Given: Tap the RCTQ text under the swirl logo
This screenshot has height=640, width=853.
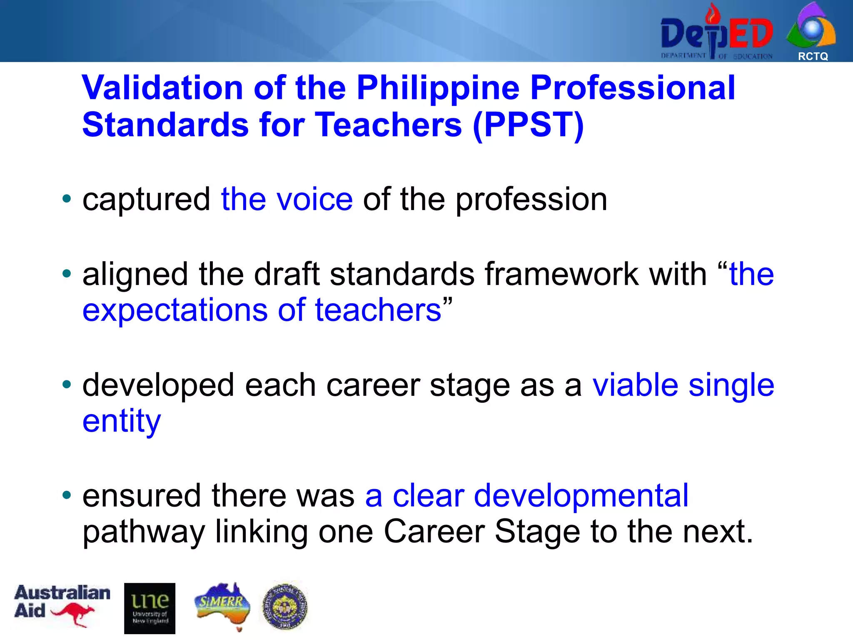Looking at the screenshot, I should tap(813, 56).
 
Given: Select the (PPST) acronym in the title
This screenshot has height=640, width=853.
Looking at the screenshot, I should tap(528, 125).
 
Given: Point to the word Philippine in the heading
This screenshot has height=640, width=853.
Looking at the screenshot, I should tap(438, 88).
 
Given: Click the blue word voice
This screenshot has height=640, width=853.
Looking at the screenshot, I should tap(315, 199).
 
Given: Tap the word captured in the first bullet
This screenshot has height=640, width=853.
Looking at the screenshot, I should tap(146, 199).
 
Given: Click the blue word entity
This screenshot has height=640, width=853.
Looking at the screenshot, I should tap(121, 422).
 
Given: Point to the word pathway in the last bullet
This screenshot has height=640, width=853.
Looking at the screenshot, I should tap(144, 532).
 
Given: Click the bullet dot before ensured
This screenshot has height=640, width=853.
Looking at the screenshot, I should tap(67, 495).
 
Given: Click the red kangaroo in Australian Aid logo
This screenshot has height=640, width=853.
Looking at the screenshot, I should tap(74, 614).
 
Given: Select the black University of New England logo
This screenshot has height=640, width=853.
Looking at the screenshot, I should tap(150, 608).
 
